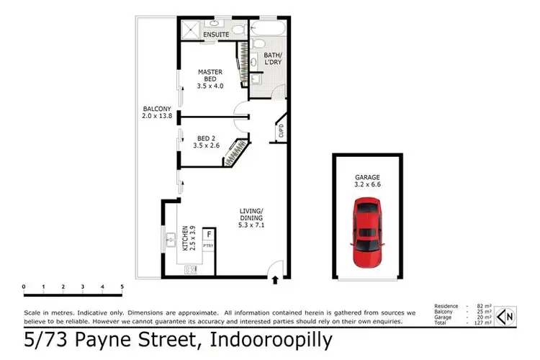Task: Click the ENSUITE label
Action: (215, 34)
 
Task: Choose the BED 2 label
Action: (205, 140)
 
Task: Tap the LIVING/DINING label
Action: (252, 217)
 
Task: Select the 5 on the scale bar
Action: (122, 287)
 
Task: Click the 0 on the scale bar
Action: (24, 287)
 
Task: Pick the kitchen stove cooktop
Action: (192, 270)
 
